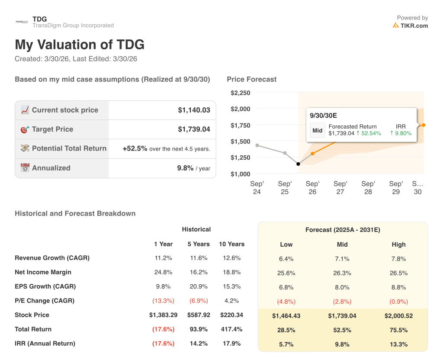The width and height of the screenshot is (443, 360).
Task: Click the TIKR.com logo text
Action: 414,26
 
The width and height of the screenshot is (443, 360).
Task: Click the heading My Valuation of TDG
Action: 80,45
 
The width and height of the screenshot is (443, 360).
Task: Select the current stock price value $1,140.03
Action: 194,110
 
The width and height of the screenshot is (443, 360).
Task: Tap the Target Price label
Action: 52,129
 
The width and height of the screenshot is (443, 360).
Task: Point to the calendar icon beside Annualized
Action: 25,168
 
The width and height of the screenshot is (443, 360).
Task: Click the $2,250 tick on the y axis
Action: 240,93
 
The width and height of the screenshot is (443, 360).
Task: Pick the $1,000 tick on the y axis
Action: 240,174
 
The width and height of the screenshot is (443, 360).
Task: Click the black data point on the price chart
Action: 298,164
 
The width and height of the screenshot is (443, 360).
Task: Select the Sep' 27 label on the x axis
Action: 340,188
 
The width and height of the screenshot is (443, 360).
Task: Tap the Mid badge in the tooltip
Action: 318,130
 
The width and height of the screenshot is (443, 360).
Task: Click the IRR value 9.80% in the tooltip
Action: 401,133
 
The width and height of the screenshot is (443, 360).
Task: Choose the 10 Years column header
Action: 231,244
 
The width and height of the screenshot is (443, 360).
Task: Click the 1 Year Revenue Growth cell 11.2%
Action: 163,258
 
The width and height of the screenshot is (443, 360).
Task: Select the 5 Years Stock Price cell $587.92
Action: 198,315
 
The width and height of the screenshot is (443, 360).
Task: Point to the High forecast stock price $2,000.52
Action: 398,316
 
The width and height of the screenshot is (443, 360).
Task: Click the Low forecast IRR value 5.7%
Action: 286,344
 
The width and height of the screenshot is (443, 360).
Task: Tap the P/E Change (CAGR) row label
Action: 45,301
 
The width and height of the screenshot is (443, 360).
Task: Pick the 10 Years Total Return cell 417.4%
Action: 231,329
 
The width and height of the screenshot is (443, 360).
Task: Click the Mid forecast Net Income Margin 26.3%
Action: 342,273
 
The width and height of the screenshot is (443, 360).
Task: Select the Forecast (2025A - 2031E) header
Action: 343,230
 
